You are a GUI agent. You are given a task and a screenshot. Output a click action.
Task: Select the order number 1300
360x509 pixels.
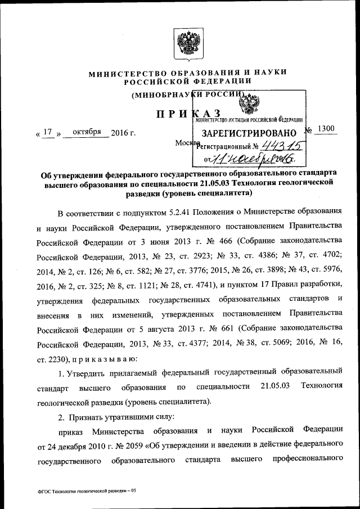[x=325, y=129]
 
